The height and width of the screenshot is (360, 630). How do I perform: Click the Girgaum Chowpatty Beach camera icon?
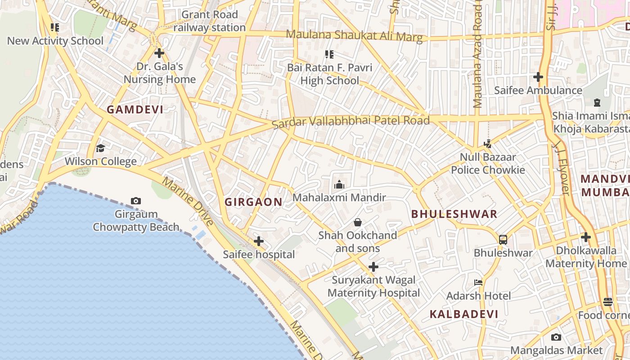pyautogui.click(x=135, y=201)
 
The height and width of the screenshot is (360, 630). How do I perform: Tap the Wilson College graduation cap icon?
pyautogui.click(x=100, y=148)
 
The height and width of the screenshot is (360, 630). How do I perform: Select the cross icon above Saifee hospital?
pyautogui.click(x=259, y=241)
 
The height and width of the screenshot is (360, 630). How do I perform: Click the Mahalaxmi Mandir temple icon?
pyautogui.click(x=339, y=184)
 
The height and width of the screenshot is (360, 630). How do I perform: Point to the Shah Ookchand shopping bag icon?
pyautogui.click(x=358, y=222)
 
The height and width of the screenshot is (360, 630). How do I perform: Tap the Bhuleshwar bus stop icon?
pyautogui.click(x=503, y=239)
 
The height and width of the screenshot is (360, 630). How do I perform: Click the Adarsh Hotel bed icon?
pyautogui.click(x=478, y=283)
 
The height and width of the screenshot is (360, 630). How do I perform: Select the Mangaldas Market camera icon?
pyautogui.click(x=556, y=337)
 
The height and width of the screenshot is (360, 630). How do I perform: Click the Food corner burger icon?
pyautogui.click(x=608, y=302)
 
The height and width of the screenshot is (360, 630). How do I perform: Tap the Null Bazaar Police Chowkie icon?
pyautogui.click(x=487, y=144)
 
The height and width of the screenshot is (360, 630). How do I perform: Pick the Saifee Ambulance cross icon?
pyautogui.click(x=538, y=77)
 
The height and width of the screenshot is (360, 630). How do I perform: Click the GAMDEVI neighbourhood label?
pyautogui.click(x=135, y=109)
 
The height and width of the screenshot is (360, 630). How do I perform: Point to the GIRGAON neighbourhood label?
pyautogui.click(x=254, y=202)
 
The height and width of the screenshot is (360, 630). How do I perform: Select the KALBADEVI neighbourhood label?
pyautogui.click(x=464, y=314)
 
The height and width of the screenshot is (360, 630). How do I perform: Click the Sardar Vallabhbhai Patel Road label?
pyautogui.click(x=351, y=121)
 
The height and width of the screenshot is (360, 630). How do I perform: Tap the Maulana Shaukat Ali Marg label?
pyautogui.click(x=355, y=36)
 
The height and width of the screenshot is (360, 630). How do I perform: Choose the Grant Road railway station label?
pyautogui.click(x=210, y=21)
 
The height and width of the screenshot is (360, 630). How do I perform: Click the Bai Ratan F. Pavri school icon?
pyautogui.click(x=329, y=54)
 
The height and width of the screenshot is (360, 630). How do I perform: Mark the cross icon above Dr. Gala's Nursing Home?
pyautogui.click(x=159, y=53)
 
